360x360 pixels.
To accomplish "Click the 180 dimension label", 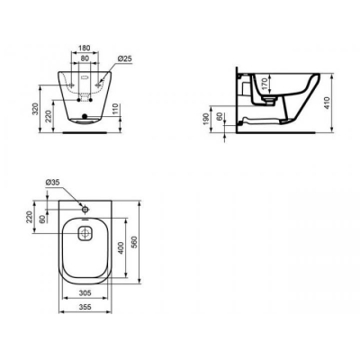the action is coord(85,48).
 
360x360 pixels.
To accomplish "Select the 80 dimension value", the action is coord(85,58).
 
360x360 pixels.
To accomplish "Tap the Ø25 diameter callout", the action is coord(124,58).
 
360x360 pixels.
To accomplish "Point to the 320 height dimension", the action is coord(36,109).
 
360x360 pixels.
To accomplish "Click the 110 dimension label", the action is coord(116,109).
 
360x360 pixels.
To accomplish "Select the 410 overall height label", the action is coord(327,103).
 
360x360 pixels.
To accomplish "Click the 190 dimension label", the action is coord(206,119).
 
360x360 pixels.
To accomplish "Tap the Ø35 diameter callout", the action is coord(53,182).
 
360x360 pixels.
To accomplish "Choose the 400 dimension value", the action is coord(121,248).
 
